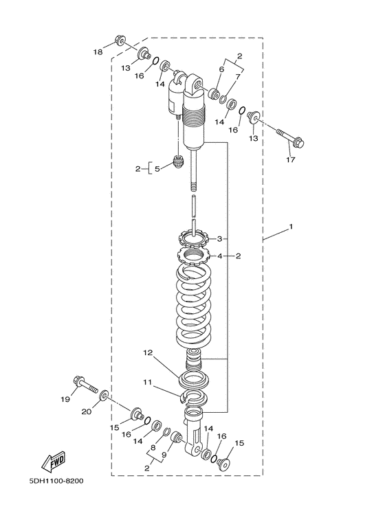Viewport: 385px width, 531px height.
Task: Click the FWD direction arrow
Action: point(53,462)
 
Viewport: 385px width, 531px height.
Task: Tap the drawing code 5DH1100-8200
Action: point(56,481)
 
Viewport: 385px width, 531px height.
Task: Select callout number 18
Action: point(98,52)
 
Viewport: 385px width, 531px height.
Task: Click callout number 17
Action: point(290,159)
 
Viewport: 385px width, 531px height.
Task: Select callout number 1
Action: point(290,226)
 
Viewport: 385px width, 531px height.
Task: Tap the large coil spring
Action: point(195,308)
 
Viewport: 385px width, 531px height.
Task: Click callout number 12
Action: point(148,353)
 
